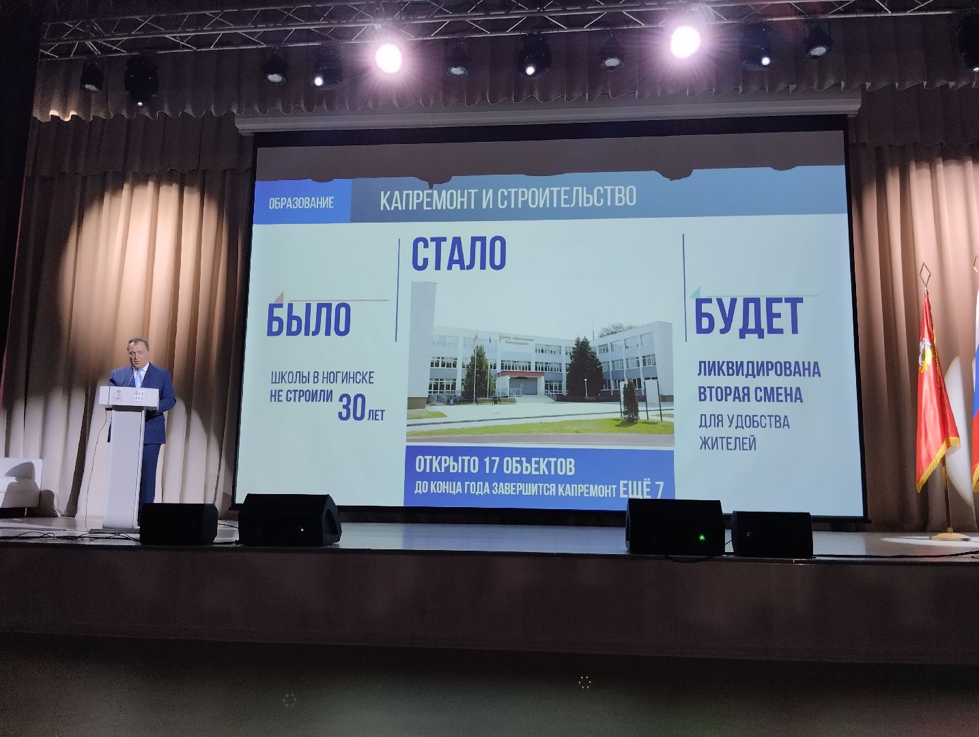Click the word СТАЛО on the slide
[458, 254]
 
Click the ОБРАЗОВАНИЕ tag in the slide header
[301, 203]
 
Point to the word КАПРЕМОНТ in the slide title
[424, 199]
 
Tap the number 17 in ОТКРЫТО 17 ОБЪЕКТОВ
[489, 467]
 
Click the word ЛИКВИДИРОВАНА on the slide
[758, 369]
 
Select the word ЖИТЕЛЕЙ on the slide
[727, 444]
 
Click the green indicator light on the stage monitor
[699, 537]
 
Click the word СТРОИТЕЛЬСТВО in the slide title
[567, 197]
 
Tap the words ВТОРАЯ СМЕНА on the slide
[750, 395]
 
